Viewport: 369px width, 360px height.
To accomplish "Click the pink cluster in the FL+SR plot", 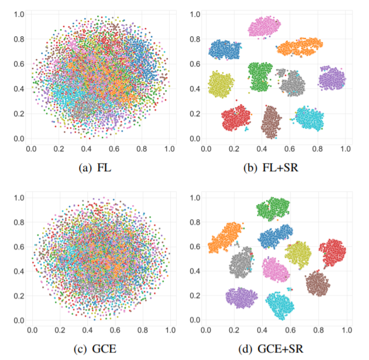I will [x=265, y=26].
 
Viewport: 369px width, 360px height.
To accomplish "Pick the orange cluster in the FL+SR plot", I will [x=300, y=46].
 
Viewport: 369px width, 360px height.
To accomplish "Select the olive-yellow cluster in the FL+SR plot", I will [x=221, y=84].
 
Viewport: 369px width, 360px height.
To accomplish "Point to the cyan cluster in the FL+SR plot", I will [x=309, y=117].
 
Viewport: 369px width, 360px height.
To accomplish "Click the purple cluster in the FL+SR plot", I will [x=332, y=78].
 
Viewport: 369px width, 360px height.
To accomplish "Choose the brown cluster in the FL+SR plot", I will [x=270, y=122].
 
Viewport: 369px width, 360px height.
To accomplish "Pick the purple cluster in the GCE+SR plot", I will [x=242, y=297].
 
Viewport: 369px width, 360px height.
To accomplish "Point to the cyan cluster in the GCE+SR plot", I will [x=281, y=304].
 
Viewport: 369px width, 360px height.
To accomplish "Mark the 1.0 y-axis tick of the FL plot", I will [x=19, y=13].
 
